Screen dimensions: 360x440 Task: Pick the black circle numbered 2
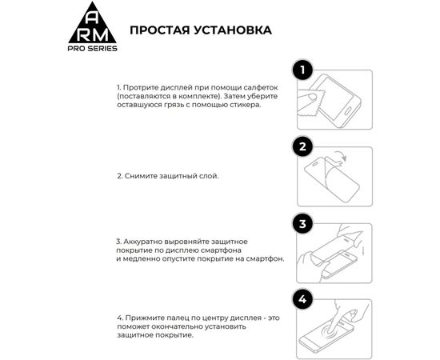click(302, 146)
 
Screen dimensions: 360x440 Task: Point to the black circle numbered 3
click(302, 223)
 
